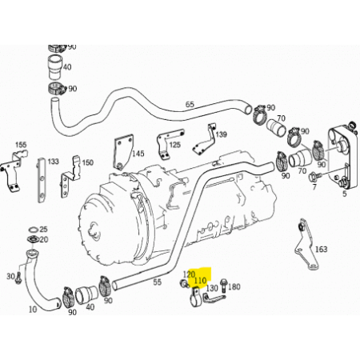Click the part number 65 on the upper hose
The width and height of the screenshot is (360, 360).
190,104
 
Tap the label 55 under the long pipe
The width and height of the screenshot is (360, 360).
158,282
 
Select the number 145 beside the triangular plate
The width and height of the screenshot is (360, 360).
138,154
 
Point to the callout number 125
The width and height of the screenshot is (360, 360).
175,145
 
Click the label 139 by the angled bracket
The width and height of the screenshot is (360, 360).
221,134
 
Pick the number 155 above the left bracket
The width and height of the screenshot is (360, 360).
21,145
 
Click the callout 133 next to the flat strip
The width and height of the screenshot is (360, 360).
53,162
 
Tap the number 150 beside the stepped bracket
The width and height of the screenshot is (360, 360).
87,162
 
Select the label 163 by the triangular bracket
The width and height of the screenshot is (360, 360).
321,250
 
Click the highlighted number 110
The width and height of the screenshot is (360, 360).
200,280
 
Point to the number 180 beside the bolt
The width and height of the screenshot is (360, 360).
234,286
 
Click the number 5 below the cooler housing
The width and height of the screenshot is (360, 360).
345,194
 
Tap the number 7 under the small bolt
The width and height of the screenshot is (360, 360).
314,187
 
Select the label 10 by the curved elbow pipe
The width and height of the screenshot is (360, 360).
33,310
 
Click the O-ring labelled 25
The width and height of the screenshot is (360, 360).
33,230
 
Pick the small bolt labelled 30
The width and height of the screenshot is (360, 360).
18,278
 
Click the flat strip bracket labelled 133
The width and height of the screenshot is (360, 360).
42,180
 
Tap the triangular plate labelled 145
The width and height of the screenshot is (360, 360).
123,152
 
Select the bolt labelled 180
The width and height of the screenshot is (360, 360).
223,285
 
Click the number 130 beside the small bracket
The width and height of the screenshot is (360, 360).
212,288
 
